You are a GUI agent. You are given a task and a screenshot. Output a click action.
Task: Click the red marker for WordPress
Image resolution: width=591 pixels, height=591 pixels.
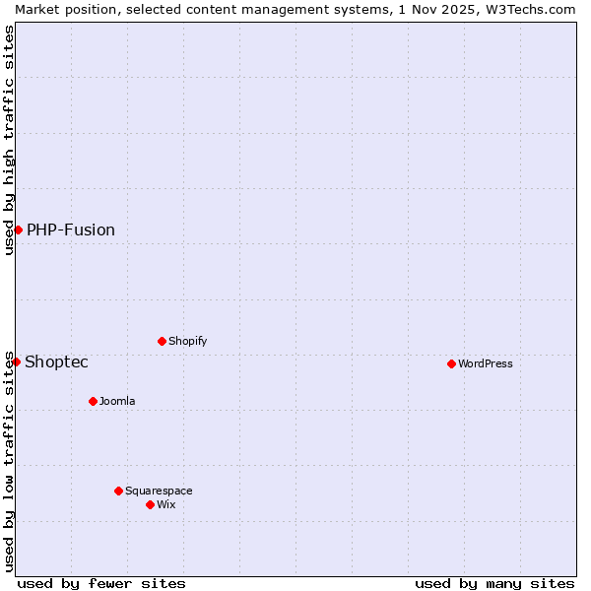[451, 363]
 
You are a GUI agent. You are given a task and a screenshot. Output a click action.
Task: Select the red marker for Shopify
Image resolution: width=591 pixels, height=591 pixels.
[162, 341]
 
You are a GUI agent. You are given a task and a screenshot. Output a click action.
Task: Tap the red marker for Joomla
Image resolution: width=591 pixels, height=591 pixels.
[93, 401]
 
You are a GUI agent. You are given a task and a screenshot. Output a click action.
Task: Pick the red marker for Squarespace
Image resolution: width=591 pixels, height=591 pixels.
[118, 491]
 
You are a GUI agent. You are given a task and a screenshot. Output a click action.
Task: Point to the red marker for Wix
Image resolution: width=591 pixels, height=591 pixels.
[150, 504]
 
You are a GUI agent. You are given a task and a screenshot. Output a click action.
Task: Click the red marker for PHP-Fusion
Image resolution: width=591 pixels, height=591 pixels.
[18, 230]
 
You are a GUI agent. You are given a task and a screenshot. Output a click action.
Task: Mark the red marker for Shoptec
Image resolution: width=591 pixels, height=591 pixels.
[16, 361]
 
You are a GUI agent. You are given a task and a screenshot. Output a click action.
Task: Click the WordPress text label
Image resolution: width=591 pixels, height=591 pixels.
[486, 363]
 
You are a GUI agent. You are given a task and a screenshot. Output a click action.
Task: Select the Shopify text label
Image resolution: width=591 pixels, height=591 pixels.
[187, 341]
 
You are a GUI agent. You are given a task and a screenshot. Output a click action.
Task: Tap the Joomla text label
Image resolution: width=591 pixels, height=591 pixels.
[117, 401]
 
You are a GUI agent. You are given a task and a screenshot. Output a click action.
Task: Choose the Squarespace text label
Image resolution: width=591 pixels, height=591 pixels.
[159, 491]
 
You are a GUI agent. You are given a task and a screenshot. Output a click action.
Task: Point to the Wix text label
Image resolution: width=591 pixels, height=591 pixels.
[166, 504]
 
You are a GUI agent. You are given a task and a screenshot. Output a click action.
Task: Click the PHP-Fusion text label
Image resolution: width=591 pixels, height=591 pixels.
[71, 230]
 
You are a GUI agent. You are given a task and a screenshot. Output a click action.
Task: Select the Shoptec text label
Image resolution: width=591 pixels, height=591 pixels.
[56, 361]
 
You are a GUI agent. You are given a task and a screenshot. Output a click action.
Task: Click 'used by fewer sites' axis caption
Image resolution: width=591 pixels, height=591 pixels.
[101, 583]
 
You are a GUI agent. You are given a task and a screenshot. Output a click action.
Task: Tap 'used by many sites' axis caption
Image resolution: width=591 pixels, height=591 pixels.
[494, 583]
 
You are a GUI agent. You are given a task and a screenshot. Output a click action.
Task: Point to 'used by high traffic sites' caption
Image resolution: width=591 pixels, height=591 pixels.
[9, 140]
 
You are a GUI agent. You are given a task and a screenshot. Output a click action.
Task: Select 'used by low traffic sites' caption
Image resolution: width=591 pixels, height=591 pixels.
[9, 461]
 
